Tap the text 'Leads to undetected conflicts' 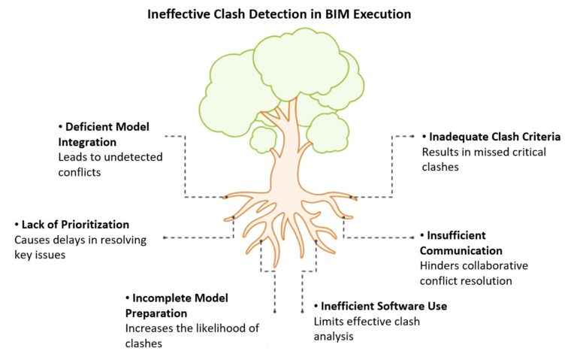pos(110,165)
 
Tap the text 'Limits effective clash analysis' pos(366,329)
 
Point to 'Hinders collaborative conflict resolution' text pos(473,274)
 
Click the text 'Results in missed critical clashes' pos(483,159)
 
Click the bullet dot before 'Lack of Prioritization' pos(17,225)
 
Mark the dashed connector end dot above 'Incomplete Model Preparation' pos(275,310)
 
